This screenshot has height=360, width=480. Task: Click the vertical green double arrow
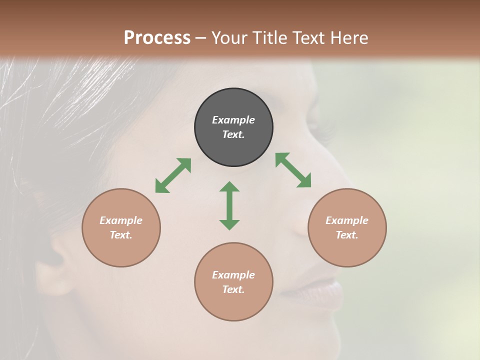(229, 205)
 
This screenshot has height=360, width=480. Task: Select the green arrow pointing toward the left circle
(173, 175)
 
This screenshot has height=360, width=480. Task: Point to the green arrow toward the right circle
(293, 170)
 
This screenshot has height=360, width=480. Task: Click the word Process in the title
(157, 37)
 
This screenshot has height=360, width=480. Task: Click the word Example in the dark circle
(233, 120)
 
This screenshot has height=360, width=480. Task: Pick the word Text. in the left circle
(121, 235)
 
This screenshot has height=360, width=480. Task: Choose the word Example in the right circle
(347, 220)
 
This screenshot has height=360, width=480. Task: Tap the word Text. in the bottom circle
(233, 289)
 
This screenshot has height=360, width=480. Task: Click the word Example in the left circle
(121, 220)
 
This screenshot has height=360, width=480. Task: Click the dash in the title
(201, 38)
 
